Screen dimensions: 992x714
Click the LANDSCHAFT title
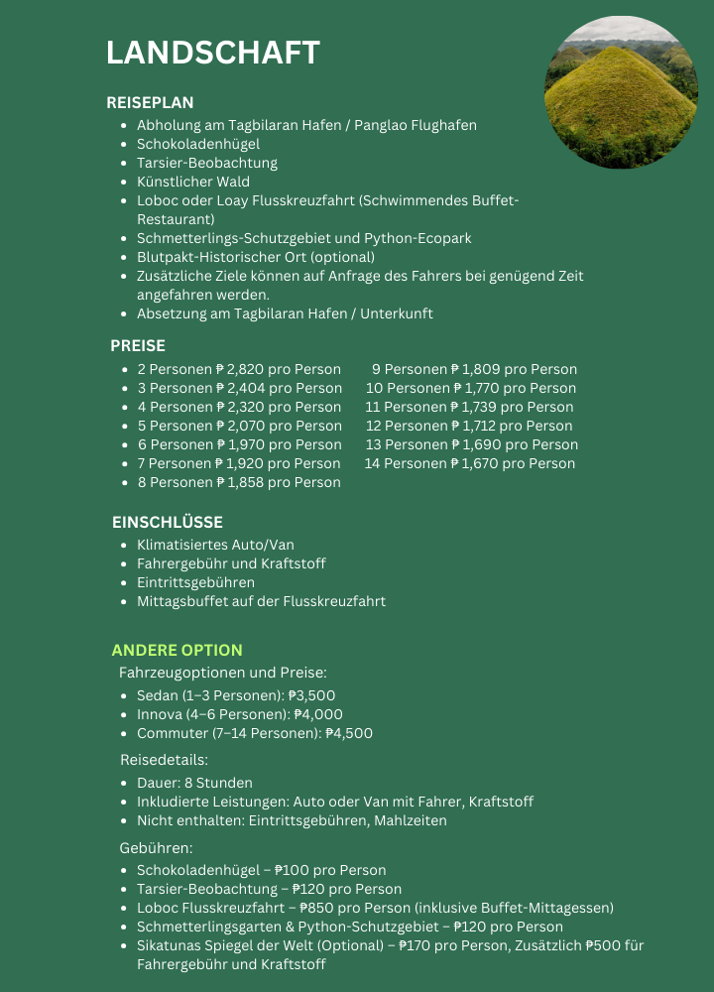(212, 53)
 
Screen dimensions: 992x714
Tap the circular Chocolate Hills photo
(621, 91)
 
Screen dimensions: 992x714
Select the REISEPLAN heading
(150, 102)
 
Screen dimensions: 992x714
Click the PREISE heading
(138, 346)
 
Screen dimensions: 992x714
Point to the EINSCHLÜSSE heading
(167, 522)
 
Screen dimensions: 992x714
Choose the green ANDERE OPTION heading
(177, 650)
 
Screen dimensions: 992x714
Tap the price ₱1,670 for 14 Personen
(475, 463)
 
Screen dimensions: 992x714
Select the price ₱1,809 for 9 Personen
(475, 369)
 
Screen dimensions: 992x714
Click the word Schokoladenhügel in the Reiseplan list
(198, 144)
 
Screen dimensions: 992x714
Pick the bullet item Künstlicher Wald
(193, 182)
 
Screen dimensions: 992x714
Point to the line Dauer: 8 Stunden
(194, 783)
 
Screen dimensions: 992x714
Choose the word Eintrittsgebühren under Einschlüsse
(195, 582)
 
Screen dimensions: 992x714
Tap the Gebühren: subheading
(156, 849)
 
